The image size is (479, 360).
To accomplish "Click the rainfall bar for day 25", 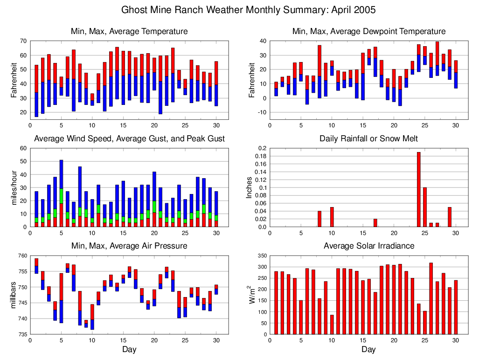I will [424, 207].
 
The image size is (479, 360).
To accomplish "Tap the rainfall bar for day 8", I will [319, 219].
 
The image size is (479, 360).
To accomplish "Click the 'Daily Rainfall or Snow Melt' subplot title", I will [368, 138].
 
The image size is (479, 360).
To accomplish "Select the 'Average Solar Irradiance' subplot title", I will [368, 246].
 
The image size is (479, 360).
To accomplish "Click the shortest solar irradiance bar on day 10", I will [332, 325].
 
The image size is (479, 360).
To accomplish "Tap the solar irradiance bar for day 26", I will [431, 298].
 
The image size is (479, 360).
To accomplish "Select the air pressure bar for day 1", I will [36, 266].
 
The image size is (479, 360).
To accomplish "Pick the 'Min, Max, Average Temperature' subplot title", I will [129, 31].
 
